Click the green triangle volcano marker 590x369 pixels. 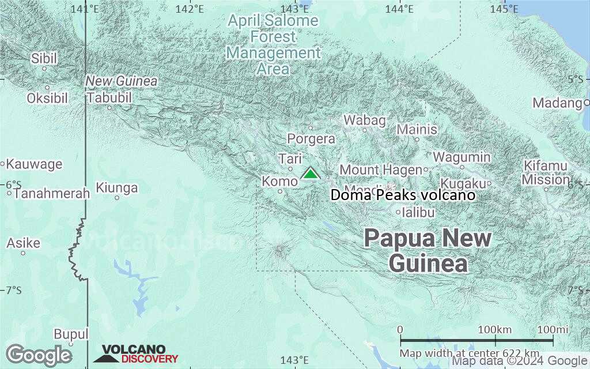click(x=310, y=174)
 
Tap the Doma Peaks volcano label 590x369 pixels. click(x=403, y=195)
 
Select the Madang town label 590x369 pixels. click(x=557, y=103)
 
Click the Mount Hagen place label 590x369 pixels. click(x=380, y=170)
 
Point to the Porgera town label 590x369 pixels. click(x=311, y=139)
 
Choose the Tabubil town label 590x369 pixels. click(x=109, y=98)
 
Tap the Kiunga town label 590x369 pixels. click(x=117, y=188)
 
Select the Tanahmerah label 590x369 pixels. click(x=51, y=194)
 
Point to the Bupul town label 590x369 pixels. click(x=71, y=334)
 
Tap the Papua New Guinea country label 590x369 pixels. click(x=428, y=251)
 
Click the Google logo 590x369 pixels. click(x=39, y=355)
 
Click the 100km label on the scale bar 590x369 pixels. click(x=496, y=329)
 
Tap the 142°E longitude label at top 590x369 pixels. click(x=190, y=9)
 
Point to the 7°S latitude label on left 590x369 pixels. click(x=13, y=290)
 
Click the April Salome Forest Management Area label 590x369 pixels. click(x=273, y=45)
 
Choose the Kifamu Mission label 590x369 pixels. click(x=546, y=173)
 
